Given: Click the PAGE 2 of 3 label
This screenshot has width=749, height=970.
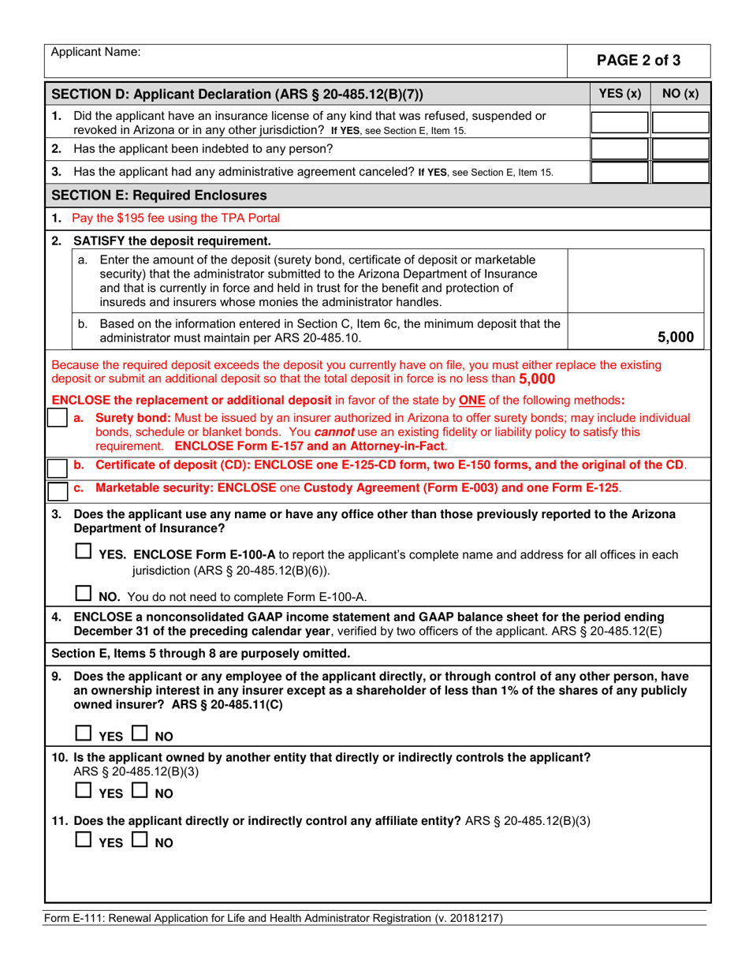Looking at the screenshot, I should tap(639, 60).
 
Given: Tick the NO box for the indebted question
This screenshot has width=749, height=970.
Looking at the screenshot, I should tap(680, 148).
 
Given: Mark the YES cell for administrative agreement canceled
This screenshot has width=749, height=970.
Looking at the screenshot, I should tap(619, 171).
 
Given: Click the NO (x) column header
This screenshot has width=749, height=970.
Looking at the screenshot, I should tap(680, 94).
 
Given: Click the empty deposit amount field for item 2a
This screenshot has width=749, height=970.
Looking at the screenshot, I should tap(638, 281).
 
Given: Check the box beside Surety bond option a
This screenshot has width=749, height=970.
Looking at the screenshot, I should tap(57, 419).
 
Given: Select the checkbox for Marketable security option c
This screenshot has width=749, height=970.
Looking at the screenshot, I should tap(57, 491).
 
